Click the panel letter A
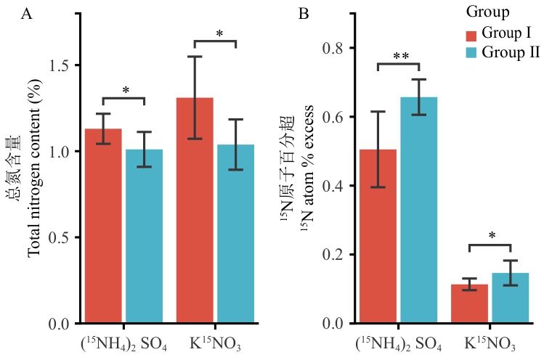[x=26, y=14]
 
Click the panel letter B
[x=304, y=14]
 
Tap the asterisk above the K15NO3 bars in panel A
[x=219, y=33]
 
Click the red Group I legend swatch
[x=471, y=35]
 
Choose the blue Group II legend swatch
[x=471, y=52]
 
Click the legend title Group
[x=487, y=12]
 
